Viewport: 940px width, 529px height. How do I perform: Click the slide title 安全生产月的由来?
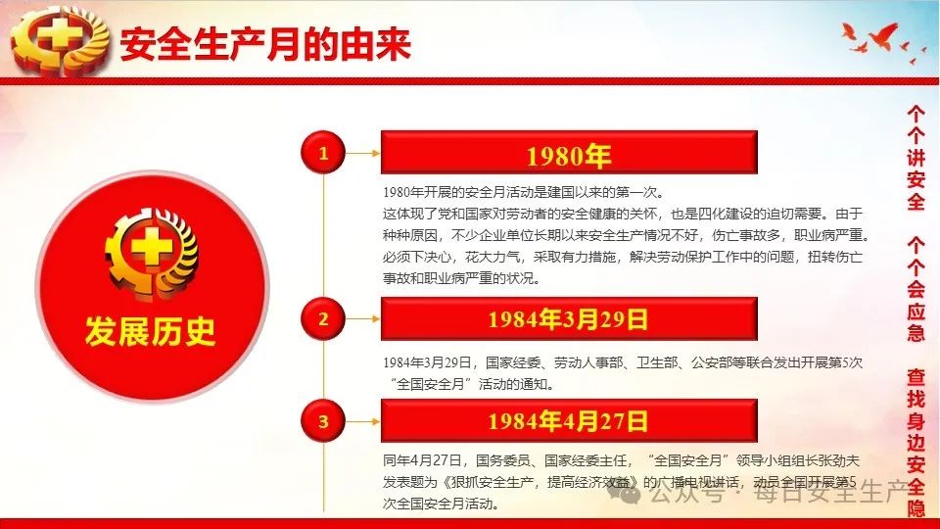coord(265,43)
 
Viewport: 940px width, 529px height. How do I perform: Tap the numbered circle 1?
coord(323,153)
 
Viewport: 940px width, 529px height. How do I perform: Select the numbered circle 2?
coord(323,318)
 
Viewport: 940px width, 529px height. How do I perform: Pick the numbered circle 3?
coord(323,421)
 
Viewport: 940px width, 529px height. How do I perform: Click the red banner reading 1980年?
coord(569,153)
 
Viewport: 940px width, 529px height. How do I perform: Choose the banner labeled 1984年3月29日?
coord(569,318)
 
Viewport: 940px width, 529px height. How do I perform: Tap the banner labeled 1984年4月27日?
coord(569,421)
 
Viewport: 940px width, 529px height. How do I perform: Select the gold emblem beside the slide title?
coord(60,41)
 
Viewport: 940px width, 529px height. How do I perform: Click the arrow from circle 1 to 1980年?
coord(363,153)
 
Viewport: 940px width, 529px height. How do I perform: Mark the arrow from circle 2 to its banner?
coord(363,318)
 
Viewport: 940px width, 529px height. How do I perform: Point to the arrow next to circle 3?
coord(363,421)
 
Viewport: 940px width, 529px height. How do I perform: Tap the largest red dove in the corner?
coord(881,36)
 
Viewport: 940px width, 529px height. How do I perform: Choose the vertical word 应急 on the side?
coord(916,322)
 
